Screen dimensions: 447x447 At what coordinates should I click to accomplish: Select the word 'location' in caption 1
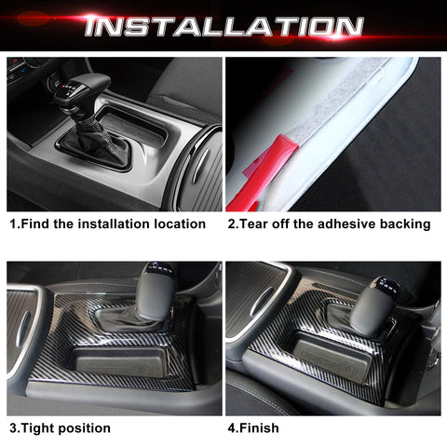pos(177,223)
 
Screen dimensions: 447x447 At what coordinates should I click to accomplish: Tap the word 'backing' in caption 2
pos(406,223)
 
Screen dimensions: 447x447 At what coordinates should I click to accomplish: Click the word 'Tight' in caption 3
pos(42,428)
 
